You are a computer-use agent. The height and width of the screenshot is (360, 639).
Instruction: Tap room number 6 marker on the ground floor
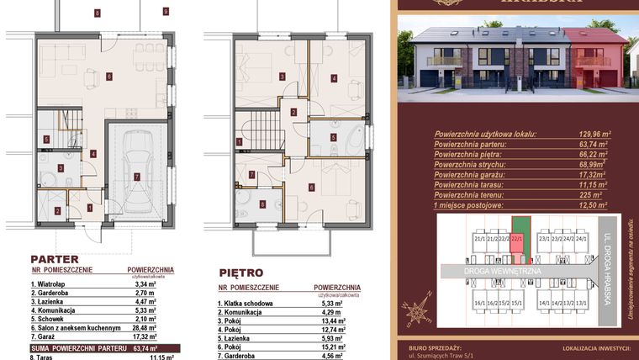pyautogui.click(x=109, y=76)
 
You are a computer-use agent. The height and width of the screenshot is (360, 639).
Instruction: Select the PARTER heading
pyautogui.click(x=55, y=260)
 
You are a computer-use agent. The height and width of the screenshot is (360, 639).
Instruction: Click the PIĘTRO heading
pyautogui.click(x=240, y=273)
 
